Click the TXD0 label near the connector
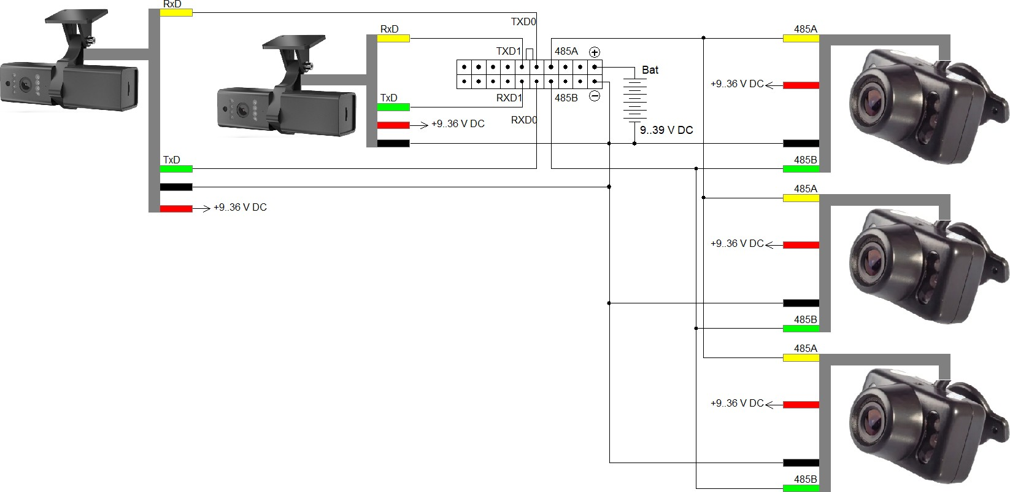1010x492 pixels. tap(523, 21)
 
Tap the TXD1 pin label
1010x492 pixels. tap(509, 51)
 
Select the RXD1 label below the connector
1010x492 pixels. tap(509, 98)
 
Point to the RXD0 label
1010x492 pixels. tap(524, 120)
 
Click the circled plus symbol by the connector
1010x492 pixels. tap(595, 52)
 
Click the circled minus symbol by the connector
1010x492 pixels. tap(595, 96)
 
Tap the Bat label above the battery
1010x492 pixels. tap(650, 70)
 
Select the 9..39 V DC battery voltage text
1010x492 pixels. tap(666, 130)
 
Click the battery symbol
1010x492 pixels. tap(635, 100)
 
